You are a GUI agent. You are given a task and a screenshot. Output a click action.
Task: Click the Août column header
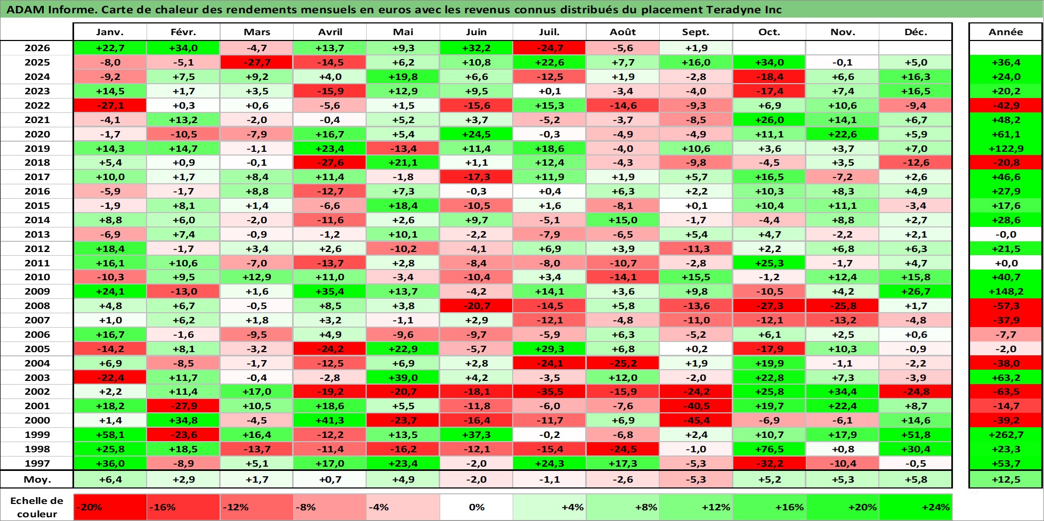pos(622,32)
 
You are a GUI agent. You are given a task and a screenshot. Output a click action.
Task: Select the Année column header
pos(1006,32)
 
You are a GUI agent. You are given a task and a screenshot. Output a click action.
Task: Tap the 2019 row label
pos(37,149)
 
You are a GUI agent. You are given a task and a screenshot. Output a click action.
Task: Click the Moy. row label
pos(37,479)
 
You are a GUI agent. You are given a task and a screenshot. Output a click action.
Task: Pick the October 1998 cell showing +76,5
pos(769,449)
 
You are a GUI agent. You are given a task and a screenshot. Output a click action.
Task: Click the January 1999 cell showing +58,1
pos(110,435)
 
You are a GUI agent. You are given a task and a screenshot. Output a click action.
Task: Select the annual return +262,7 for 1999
pos(1006,435)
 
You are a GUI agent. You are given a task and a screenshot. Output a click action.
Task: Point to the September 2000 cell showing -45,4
pos(696,420)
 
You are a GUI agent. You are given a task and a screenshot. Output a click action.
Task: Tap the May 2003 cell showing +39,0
pos(403,378)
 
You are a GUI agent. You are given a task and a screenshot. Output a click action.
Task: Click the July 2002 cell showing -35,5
pos(549,392)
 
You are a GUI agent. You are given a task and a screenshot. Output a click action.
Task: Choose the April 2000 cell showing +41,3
pos(330,420)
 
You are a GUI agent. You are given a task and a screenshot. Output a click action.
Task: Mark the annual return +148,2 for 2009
pos(1006,291)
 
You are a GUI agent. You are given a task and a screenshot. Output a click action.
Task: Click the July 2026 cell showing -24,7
pos(549,48)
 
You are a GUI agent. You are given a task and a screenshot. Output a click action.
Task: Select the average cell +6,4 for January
pos(110,479)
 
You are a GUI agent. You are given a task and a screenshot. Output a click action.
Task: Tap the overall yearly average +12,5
pos(1006,479)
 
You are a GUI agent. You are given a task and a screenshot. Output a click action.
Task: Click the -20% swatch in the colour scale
pos(110,507)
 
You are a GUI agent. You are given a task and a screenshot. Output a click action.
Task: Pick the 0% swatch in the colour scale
pos(476,507)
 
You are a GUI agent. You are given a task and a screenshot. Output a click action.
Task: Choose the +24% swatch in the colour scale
pos(916,507)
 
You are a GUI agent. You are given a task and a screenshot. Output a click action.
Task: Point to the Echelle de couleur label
pos(37,507)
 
